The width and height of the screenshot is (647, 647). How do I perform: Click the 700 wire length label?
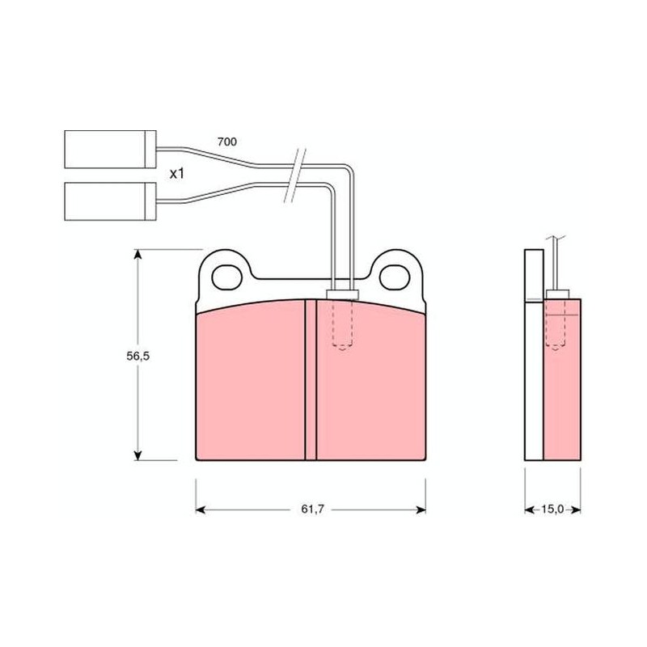tap(227, 142)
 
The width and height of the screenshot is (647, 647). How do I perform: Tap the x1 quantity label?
tap(177, 174)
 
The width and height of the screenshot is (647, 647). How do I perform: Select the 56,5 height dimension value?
tap(137, 356)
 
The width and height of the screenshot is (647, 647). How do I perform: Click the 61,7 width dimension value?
tap(312, 510)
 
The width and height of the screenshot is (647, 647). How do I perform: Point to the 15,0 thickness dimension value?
tap(552, 510)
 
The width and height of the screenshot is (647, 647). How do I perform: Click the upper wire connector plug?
tap(110, 150)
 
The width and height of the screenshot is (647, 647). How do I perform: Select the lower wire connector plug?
tap(110, 201)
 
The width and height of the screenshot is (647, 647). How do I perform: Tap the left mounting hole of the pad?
tap(226, 277)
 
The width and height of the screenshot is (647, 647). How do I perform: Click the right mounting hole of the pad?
tap(395, 277)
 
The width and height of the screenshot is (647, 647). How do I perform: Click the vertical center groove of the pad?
tap(311, 379)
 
